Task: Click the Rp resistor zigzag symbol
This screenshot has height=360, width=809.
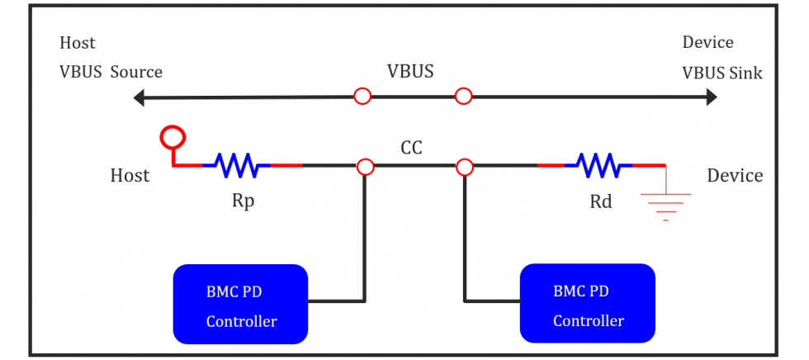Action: point(236,165)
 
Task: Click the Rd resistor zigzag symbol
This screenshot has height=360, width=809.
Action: point(598,165)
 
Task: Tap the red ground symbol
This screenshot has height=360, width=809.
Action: point(665,206)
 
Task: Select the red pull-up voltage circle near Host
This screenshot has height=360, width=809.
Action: point(173,136)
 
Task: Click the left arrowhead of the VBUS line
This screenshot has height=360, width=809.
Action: point(139,97)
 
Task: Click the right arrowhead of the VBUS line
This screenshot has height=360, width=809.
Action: point(711,97)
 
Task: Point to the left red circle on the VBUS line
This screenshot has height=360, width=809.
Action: point(362,96)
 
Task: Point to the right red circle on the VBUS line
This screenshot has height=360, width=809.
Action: point(463,96)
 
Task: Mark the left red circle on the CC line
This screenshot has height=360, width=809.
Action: point(365,167)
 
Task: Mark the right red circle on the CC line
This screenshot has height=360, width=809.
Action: point(464,167)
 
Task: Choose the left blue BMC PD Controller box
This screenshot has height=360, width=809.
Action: point(240,304)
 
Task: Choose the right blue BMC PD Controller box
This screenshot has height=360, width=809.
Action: point(588,303)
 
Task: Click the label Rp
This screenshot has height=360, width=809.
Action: point(243,201)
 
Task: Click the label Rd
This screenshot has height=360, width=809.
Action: point(601,201)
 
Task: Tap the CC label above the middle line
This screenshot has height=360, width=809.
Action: point(411,149)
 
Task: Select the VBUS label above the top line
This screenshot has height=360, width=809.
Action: point(410,72)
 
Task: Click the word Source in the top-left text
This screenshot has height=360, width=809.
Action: point(137,72)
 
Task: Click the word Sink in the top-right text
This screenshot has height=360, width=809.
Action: point(746,73)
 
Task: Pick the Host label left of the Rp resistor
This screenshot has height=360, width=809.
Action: point(130,175)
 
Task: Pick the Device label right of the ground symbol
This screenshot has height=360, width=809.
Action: point(736,175)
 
